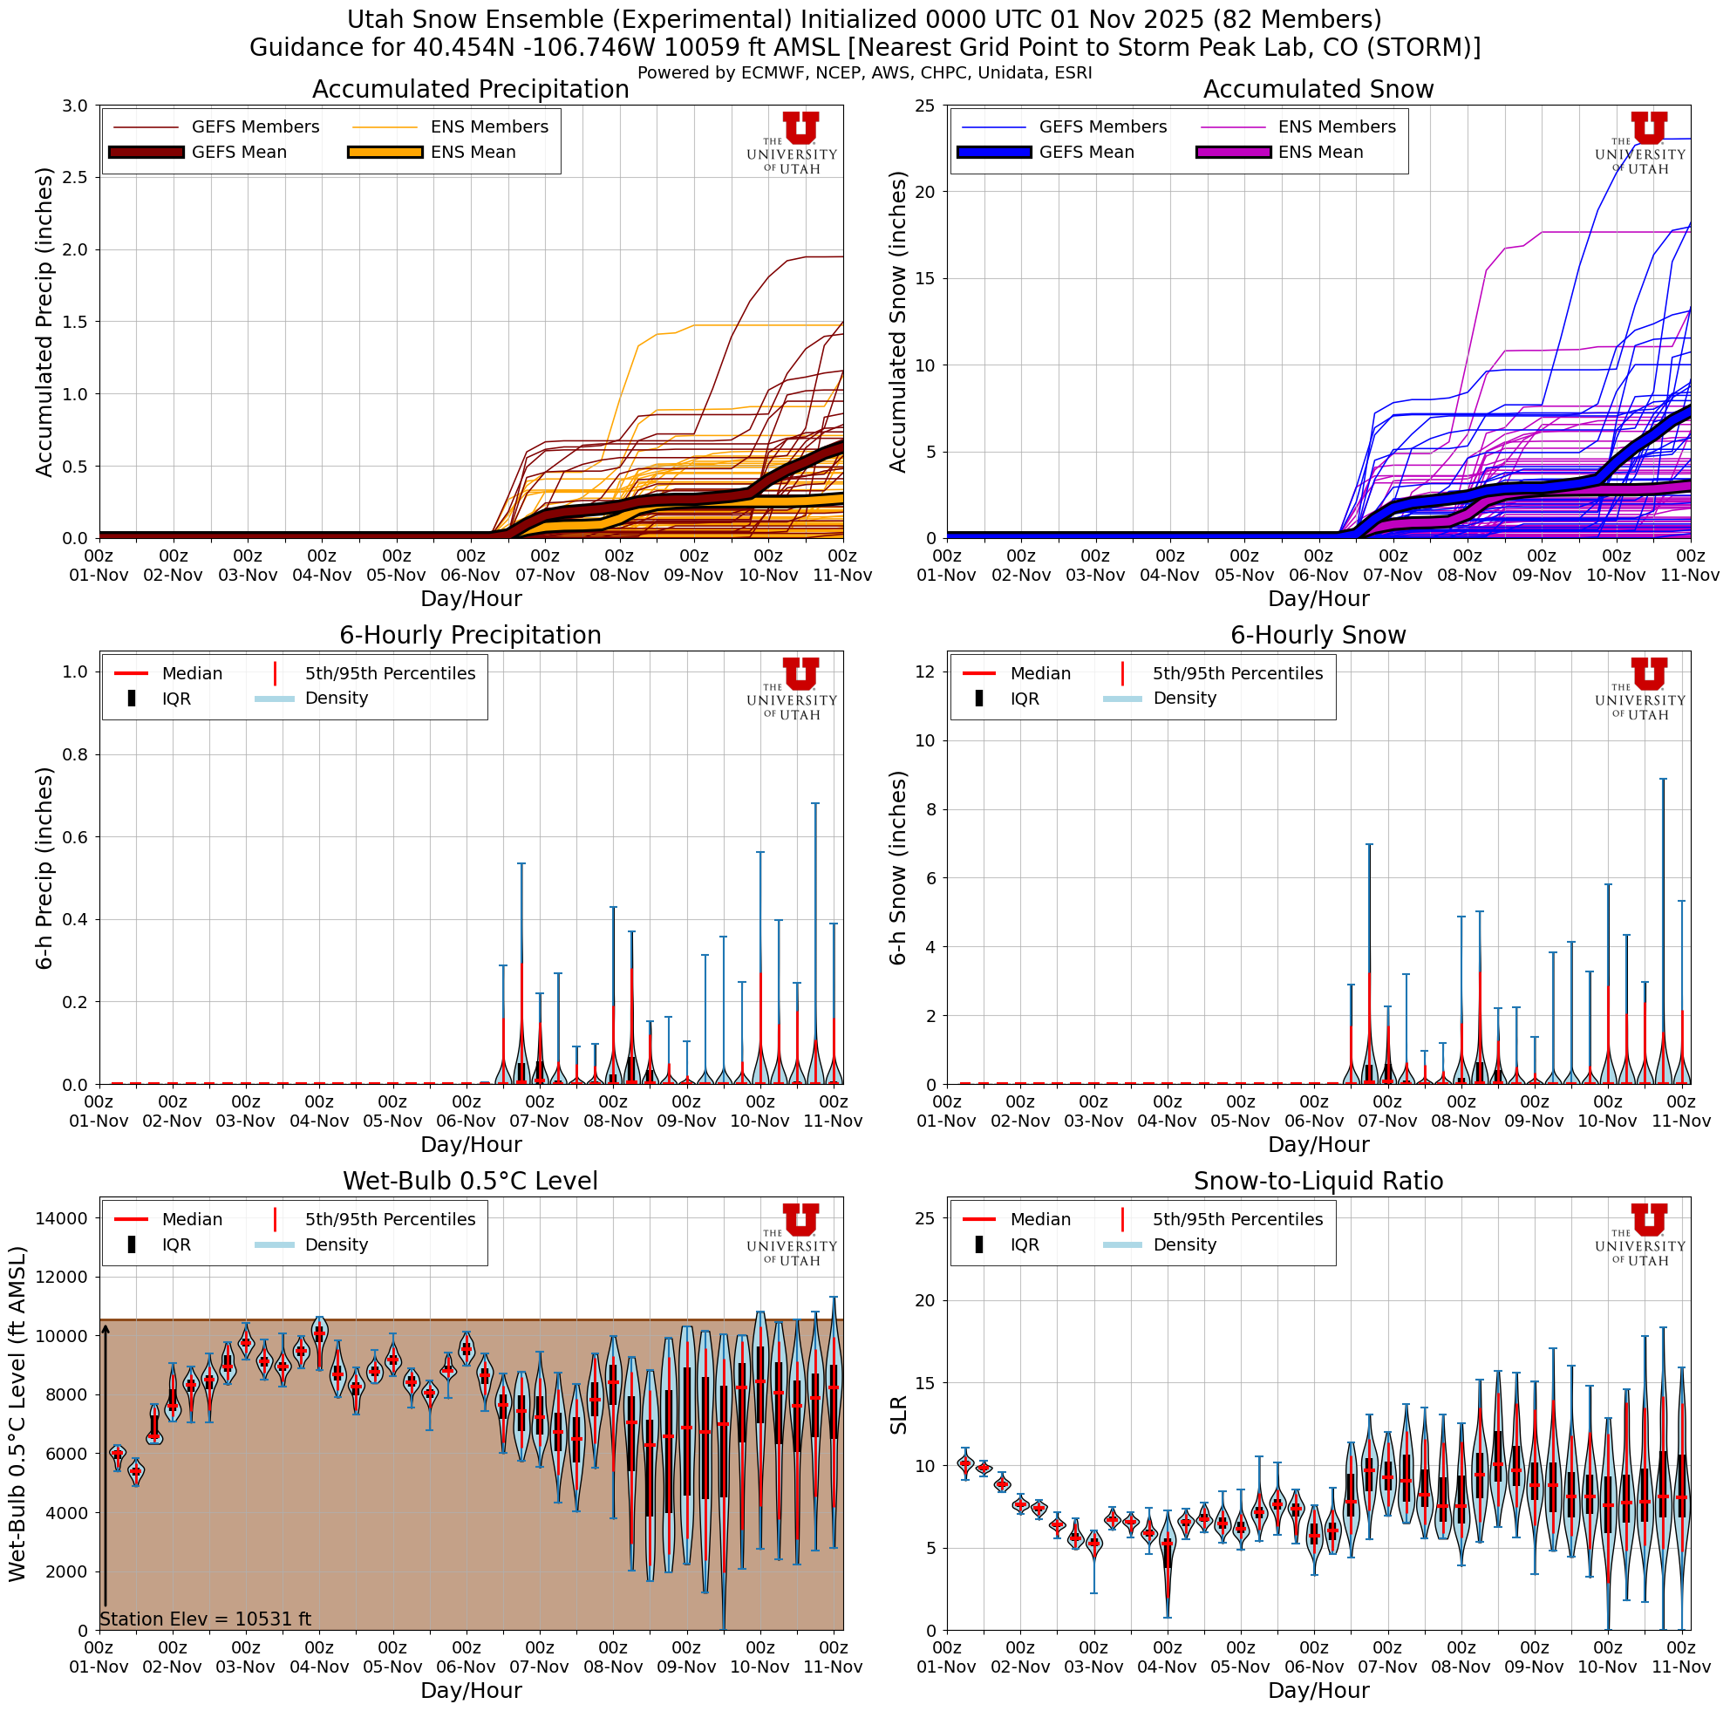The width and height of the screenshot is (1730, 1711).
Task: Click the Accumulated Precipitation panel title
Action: tap(470, 90)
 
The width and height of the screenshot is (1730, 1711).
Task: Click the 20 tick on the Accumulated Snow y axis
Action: tap(925, 192)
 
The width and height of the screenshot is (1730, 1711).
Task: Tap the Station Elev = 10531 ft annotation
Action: tap(205, 1619)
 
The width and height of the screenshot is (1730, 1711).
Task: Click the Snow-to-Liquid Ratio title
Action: tap(1318, 1181)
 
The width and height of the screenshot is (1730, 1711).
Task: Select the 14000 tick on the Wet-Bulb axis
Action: tap(62, 1217)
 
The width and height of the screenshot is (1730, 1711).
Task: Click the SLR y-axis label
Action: tap(899, 1414)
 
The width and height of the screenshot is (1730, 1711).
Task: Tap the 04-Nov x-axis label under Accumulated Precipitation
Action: tap(322, 576)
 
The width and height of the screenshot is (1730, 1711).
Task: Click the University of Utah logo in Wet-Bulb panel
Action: tap(793, 1235)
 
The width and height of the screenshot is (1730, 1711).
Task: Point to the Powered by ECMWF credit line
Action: tap(864, 73)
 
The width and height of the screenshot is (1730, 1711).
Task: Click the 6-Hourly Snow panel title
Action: tap(1318, 636)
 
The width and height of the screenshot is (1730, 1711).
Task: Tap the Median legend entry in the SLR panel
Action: tap(1039, 1219)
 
